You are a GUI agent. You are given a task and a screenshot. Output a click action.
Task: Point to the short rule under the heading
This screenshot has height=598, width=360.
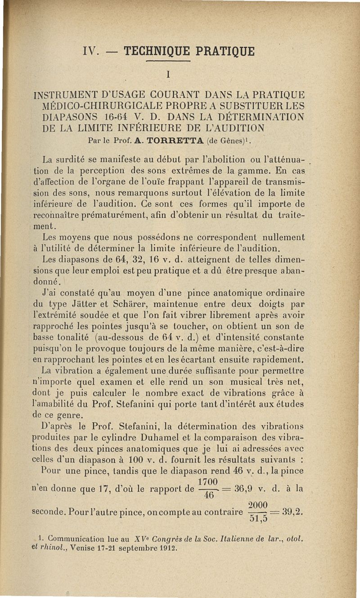pyautogui.click(x=168, y=61)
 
